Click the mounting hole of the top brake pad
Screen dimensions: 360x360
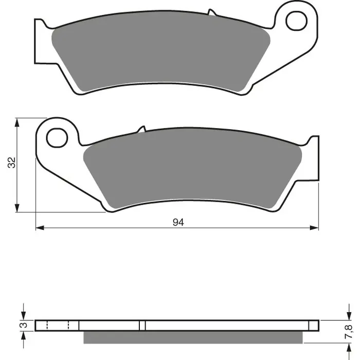[297, 21]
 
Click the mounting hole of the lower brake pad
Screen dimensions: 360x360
[57, 137]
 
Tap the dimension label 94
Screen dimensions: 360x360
[178, 222]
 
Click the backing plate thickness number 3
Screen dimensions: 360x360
[23, 325]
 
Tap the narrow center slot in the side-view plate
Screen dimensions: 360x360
[143, 326]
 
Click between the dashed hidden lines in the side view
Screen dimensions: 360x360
[57, 326]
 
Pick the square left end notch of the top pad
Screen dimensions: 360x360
[39, 41]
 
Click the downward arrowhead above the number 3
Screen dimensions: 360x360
[23, 316]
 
